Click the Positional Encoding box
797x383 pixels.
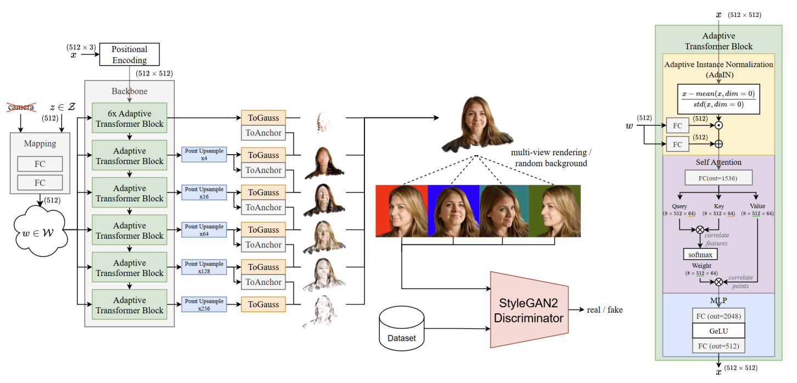point(130,55)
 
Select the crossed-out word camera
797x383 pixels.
point(21,107)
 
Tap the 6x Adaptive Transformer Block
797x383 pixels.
point(130,119)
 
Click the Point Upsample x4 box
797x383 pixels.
point(204,155)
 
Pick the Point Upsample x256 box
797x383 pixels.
point(204,305)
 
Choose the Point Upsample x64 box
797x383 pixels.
point(204,230)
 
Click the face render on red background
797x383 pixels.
point(401,211)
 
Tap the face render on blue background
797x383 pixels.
point(453,211)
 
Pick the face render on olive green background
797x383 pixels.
point(554,211)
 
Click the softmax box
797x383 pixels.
point(700,255)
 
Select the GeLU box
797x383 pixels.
point(718,330)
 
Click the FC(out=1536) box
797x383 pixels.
point(718,178)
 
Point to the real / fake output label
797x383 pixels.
point(604,310)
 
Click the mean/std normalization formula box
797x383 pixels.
point(719,99)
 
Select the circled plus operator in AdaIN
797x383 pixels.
point(718,145)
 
